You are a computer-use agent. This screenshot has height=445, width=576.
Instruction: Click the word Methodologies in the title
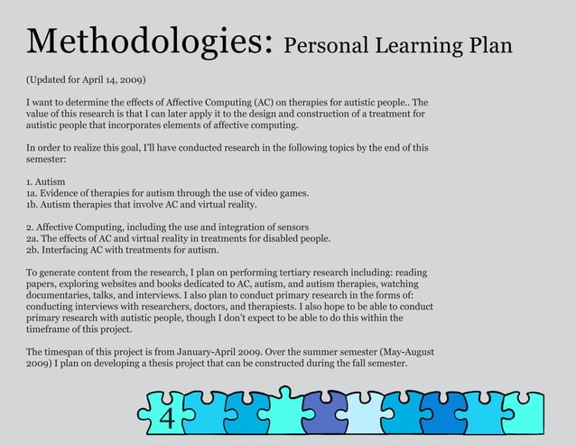(148, 42)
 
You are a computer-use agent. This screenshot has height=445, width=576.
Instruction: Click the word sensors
(289, 227)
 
